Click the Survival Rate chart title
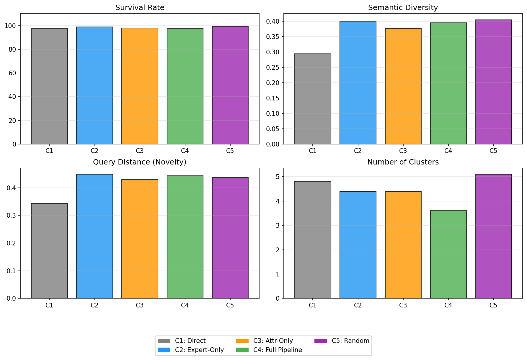pyautogui.click(x=140, y=8)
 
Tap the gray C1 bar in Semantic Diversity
pyautogui.click(x=313, y=99)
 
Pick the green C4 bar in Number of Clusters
pyautogui.click(x=448, y=254)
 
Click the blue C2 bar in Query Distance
pyautogui.click(x=94, y=236)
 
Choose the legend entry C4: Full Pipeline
pyautogui.click(x=278, y=350)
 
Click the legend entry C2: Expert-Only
pyautogui.click(x=199, y=350)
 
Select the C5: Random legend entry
pyautogui.click(x=350, y=341)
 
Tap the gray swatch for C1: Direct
pyautogui.click(x=164, y=341)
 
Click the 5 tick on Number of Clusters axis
pyautogui.click(x=278, y=177)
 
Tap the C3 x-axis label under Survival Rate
pyautogui.click(x=140, y=151)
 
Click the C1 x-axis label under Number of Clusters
pyautogui.click(x=313, y=305)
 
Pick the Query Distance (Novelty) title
pyautogui.click(x=140, y=162)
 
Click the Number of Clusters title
pyautogui.click(x=403, y=162)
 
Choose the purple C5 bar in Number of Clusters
pyautogui.click(x=493, y=236)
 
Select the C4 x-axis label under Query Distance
pyautogui.click(x=185, y=305)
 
